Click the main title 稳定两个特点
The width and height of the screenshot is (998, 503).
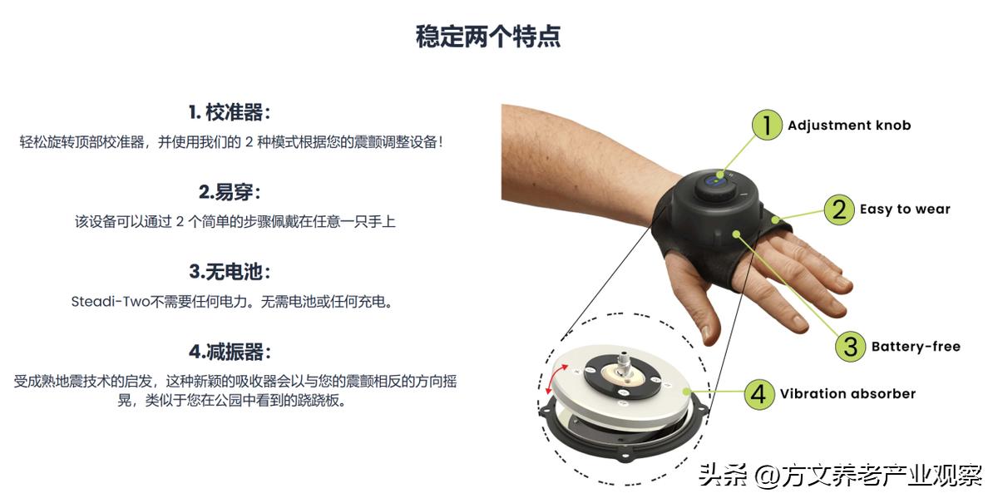coord(488,37)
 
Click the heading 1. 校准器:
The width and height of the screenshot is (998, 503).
coord(230,113)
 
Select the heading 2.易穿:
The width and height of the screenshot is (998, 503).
coord(230,193)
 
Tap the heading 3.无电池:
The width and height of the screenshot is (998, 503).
coord(230,272)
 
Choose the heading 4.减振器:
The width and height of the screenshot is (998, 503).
coord(230,352)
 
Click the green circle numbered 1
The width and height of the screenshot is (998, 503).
coord(767,125)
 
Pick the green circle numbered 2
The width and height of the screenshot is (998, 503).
coord(839,209)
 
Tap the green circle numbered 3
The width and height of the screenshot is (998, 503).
coord(850,346)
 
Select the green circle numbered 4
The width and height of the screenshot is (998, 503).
coord(758,393)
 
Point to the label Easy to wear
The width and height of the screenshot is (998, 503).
coord(905,210)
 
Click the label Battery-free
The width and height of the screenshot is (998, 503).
coord(916,347)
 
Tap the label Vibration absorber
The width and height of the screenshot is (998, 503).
coord(847,394)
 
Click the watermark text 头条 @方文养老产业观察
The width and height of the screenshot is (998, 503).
coord(840,476)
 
